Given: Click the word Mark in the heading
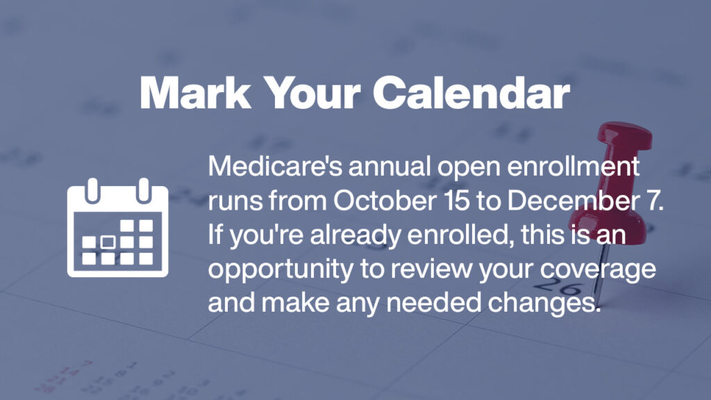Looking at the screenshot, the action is pos(195,93).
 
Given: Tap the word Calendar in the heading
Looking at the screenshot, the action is pos(471,93).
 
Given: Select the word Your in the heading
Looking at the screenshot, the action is pos(312,93).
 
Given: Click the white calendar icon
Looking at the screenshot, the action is pos(118,228).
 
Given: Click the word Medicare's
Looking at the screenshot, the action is pos(275,167).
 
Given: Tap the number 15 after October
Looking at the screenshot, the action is pos(458,201).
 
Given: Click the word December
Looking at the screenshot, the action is pos(580,201).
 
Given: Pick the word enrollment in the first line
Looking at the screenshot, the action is pos(573,167).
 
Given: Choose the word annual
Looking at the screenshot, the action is pos(389,167).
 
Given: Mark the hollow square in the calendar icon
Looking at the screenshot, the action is pos(108,242).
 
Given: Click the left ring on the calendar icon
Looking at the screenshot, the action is pos(92,190).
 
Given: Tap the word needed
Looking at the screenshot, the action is pos(433,303).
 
